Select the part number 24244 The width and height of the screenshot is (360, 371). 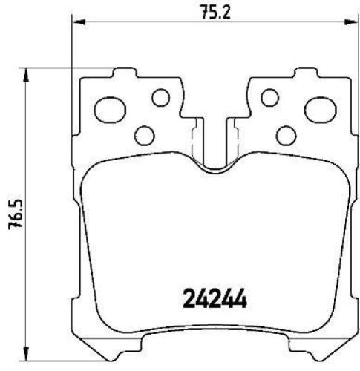coord(215,299)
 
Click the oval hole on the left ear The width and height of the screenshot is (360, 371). coord(111,110)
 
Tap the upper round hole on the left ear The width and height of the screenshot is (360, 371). coord(160,97)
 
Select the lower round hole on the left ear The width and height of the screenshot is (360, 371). coord(145,135)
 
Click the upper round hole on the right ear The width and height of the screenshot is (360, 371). coord(270,97)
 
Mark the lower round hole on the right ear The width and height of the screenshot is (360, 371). coord(286,135)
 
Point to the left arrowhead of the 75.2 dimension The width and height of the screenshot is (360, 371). coord(77,23)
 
